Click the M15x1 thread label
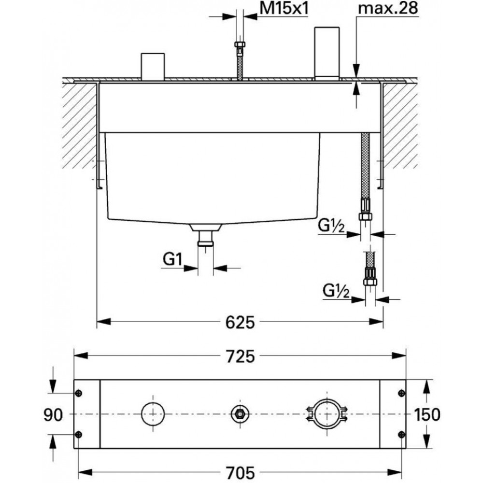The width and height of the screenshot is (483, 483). [284, 8]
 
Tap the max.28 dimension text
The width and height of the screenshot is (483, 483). [388, 8]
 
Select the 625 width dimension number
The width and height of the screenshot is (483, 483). [240, 323]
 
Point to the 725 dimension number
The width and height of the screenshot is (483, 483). [240, 356]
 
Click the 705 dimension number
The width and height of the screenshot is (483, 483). [240, 472]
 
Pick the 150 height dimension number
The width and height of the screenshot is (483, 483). [427, 414]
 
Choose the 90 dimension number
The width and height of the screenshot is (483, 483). [53, 414]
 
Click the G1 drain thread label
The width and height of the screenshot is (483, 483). [172, 259]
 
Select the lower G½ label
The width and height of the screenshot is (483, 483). [336, 290]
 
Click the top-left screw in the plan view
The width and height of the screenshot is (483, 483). [79, 393]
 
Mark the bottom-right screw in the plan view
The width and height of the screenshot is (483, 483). [401, 434]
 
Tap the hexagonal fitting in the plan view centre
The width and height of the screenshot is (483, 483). [240, 414]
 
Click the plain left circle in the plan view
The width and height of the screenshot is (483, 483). [153, 402]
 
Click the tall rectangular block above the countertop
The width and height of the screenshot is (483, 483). [327, 54]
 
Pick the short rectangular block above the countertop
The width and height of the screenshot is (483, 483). [153, 67]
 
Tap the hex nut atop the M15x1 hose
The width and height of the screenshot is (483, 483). [240, 44]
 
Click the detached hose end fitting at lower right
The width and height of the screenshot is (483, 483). [369, 276]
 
